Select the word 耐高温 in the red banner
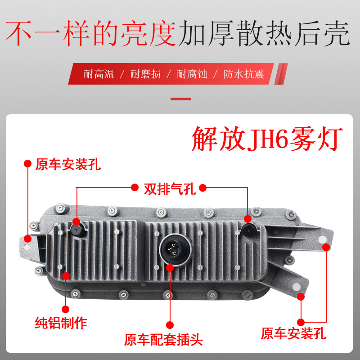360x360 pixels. (x=99, y=74)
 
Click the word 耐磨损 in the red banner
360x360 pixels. (x=145, y=74)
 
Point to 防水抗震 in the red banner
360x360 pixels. (x=243, y=74)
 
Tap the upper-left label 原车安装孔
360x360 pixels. (x=68, y=164)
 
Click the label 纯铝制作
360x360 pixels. (x=61, y=322)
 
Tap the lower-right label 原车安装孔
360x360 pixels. (x=293, y=333)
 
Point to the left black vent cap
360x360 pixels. (x=77, y=229)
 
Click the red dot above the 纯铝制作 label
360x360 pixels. (x=65, y=309)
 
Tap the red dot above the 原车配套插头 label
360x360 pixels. (x=170, y=324)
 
